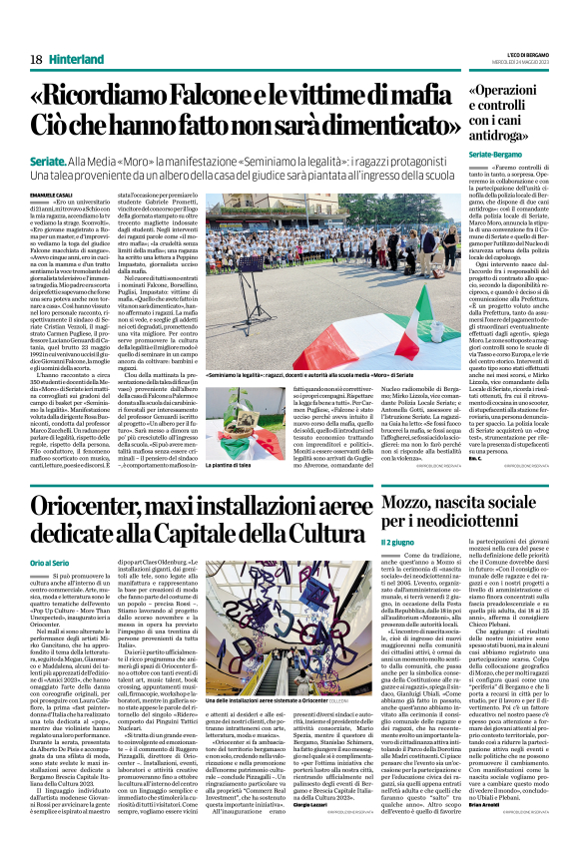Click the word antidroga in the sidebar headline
pos(502,136)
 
